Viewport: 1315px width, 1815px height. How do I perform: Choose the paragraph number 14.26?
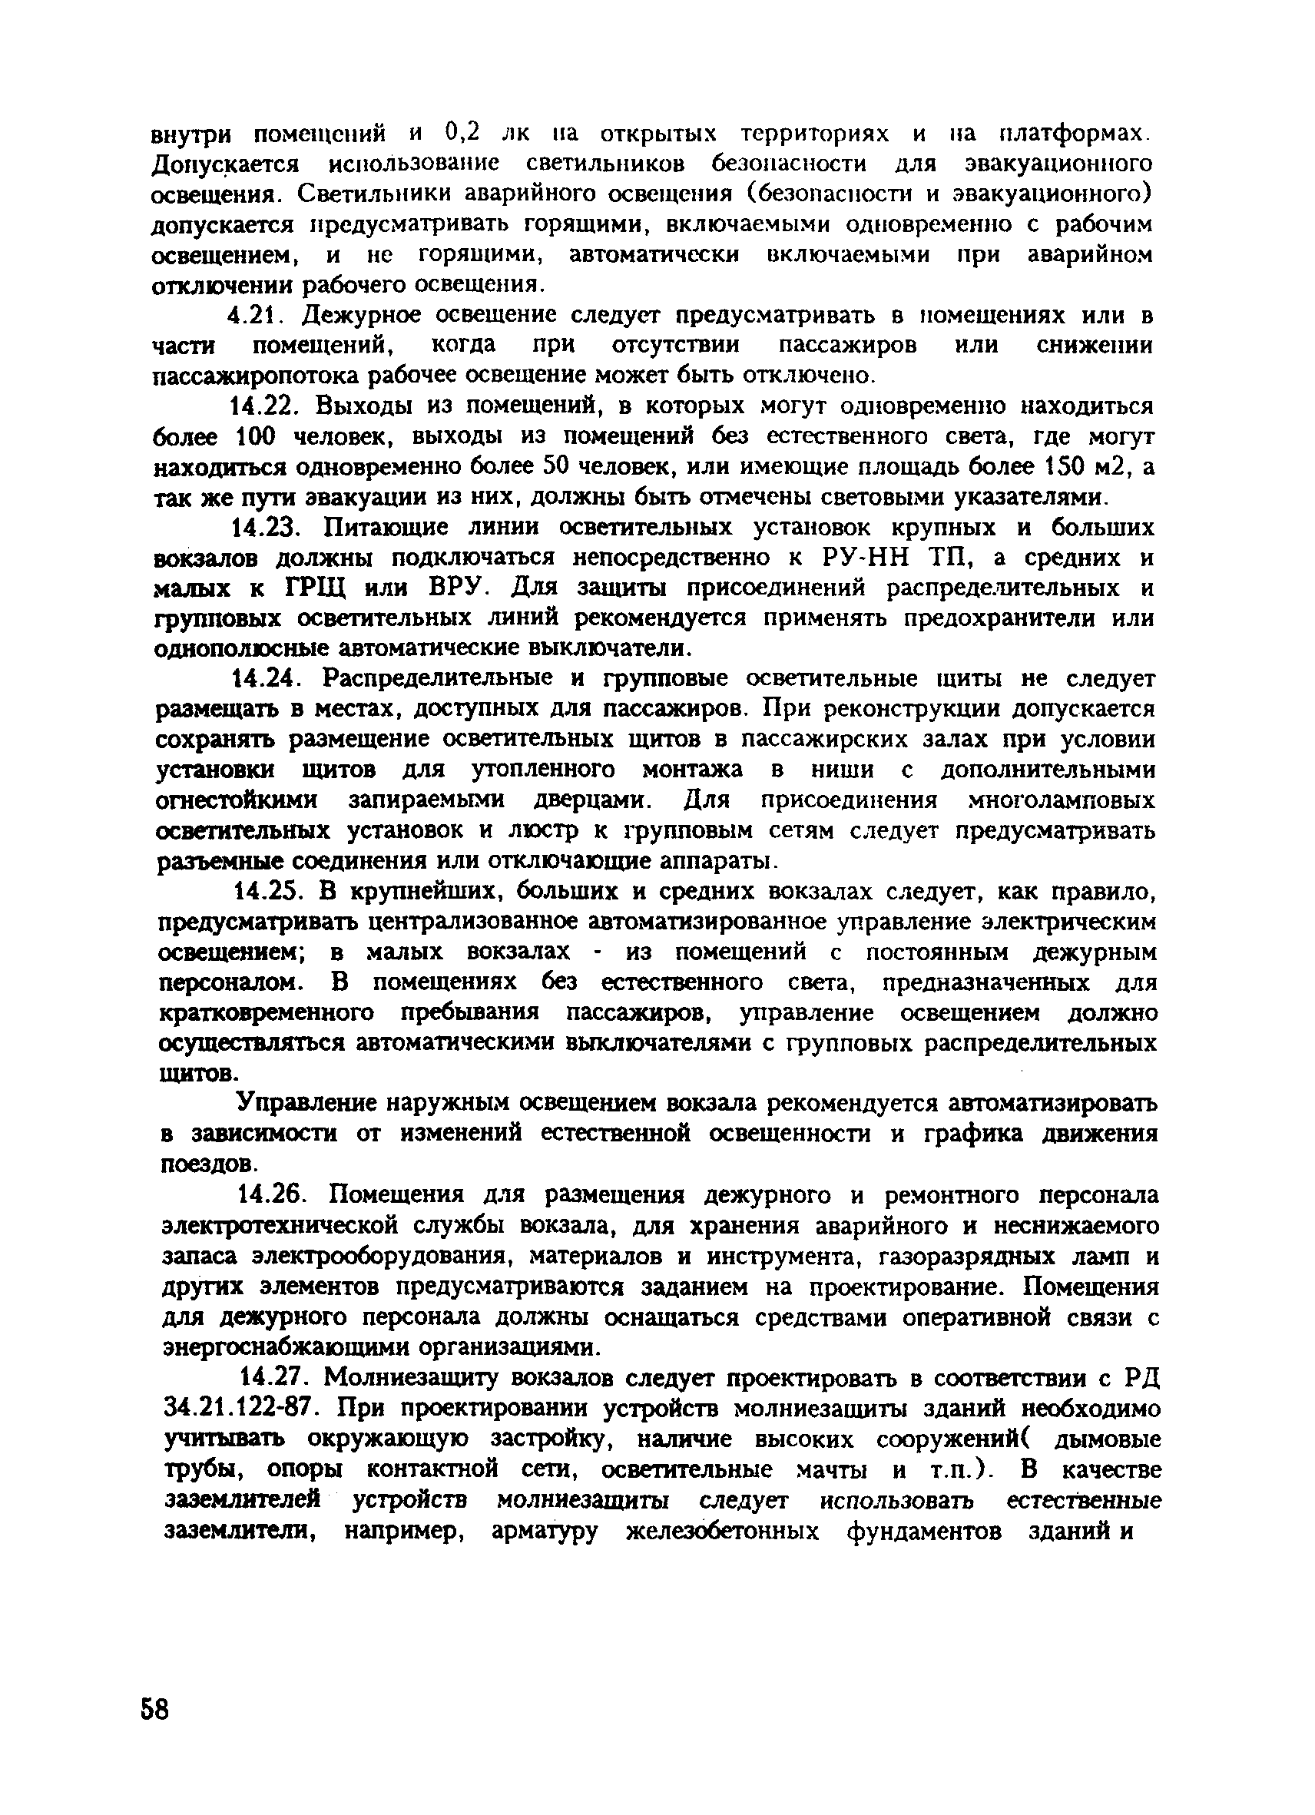tap(273, 1195)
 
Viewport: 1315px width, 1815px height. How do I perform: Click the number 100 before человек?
tap(255, 438)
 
